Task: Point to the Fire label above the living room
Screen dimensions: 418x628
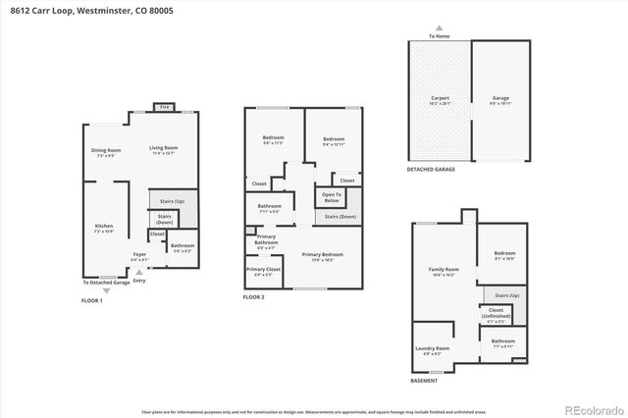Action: click(164, 107)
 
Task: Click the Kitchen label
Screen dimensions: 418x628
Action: click(103, 227)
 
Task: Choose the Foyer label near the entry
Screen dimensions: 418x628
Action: click(139, 255)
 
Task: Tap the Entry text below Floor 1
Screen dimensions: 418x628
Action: click(138, 281)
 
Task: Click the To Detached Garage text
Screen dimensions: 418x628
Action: click(105, 283)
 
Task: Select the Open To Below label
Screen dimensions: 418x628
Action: click(332, 196)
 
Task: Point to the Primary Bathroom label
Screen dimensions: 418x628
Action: click(266, 239)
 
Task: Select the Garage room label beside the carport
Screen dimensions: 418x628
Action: click(500, 99)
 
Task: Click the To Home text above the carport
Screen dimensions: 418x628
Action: click(441, 36)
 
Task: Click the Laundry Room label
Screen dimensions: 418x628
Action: click(436, 348)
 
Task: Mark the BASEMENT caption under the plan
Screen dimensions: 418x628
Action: click(425, 381)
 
